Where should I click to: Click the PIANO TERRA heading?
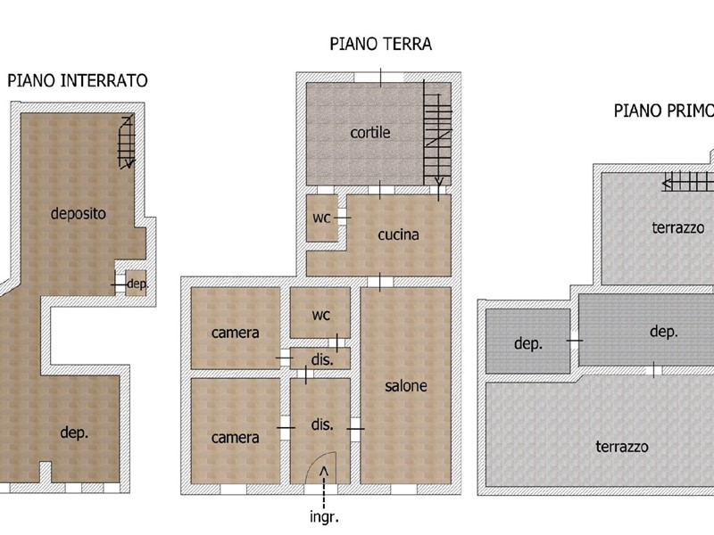(381, 44)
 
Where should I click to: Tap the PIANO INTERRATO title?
(78, 80)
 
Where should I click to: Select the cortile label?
(370, 132)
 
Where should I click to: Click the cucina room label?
(398, 235)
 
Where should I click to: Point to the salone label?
(406, 386)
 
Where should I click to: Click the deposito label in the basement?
(79, 213)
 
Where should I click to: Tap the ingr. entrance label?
(324, 517)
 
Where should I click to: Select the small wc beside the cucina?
(321, 218)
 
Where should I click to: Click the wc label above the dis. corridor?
(320, 315)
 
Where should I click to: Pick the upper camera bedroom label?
(235, 333)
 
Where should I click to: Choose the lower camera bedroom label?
(235, 438)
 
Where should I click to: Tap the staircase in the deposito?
(127, 142)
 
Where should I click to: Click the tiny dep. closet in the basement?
(137, 284)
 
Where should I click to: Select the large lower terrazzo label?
(621, 447)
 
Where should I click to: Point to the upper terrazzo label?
(678, 227)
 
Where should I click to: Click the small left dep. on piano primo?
(528, 343)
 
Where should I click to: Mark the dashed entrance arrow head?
(324, 471)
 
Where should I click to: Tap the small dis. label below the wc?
(322, 360)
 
